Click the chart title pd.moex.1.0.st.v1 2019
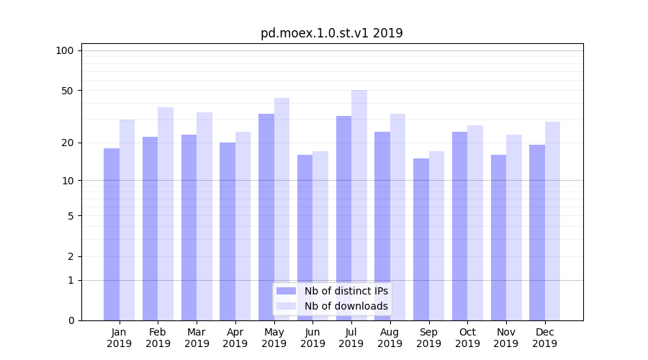pyautogui.click(x=331, y=33)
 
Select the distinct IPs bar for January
pyautogui.click(x=112, y=234)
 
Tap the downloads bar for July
pyautogui.click(x=359, y=205)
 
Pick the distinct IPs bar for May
pyautogui.click(x=266, y=217)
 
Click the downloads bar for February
pyautogui.click(x=166, y=214)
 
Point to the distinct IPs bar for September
pyautogui.click(x=421, y=239)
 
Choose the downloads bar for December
pyautogui.click(x=553, y=221)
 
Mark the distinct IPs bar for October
pyautogui.click(x=460, y=226)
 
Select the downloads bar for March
pyautogui.click(x=204, y=216)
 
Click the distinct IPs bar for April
pyautogui.click(x=228, y=231)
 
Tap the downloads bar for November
pyautogui.click(x=514, y=228)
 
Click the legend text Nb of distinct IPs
pyautogui.click(x=346, y=291)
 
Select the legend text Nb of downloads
pyautogui.click(x=346, y=306)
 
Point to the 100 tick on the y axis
pyautogui.click(x=65, y=50)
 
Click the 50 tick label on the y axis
pyautogui.click(x=67, y=91)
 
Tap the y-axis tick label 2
pyautogui.click(x=71, y=256)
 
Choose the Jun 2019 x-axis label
pyautogui.click(x=312, y=338)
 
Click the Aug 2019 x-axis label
pyautogui.click(x=390, y=338)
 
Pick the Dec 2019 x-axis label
pyautogui.click(x=545, y=338)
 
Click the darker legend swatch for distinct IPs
pyautogui.click(x=287, y=291)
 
